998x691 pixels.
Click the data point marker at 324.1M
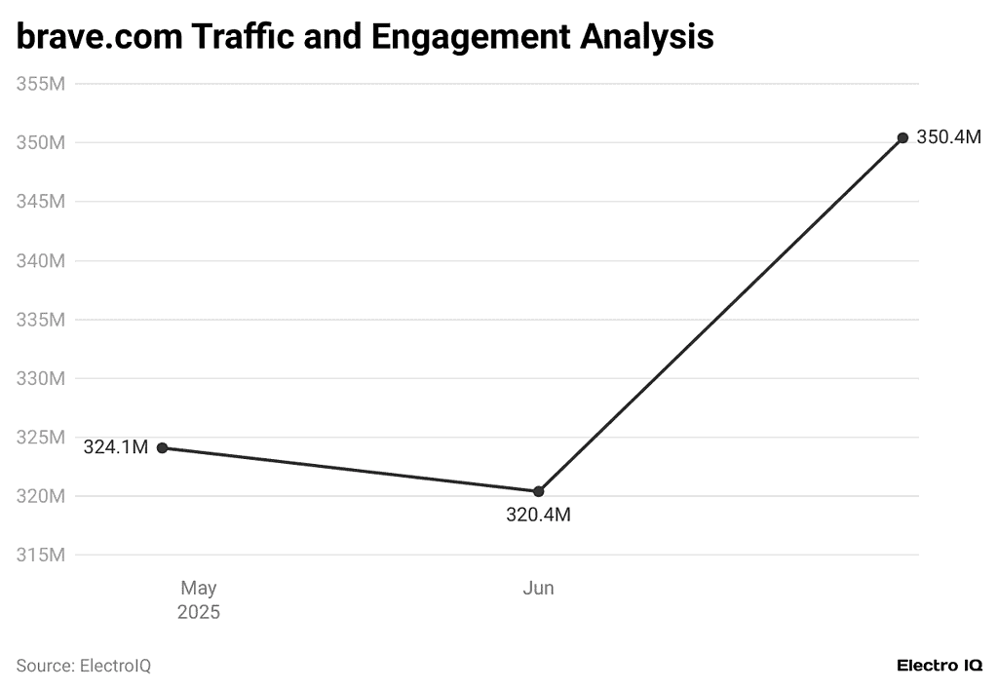[x=163, y=448]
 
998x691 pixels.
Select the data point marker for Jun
[x=538, y=491]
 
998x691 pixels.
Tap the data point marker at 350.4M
[x=902, y=137]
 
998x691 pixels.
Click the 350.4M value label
[x=948, y=137]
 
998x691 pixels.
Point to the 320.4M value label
[x=538, y=516]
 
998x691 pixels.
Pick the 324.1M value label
[x=115, y=448]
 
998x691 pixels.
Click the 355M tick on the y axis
[x=41, y=84]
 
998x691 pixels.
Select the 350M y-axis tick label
[x=41, y=143]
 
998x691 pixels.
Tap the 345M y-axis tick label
[x=41, y=202]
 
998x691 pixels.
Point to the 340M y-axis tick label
[x=41, y=261]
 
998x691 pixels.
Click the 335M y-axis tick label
[x=41, y=320]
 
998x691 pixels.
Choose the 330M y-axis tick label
[x=41, y=378]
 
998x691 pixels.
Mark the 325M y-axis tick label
[x=41, y=438]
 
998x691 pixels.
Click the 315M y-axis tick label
[x=41, y=556]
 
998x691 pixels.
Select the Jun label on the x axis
[x=538, y=589]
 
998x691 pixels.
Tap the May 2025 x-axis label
[x=199, y=600]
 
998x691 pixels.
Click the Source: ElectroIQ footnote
[x=84, y=666]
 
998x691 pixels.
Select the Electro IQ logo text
[x=939, y=666]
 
